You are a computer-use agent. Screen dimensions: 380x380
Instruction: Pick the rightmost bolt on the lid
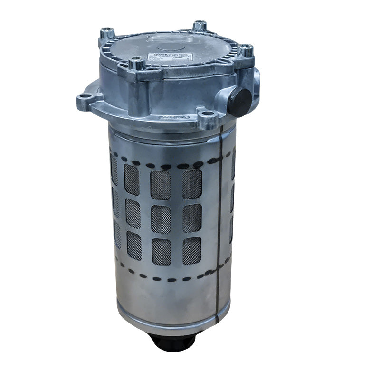tap(245, 50)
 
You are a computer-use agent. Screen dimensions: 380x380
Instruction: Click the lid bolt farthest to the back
tap(199, 26)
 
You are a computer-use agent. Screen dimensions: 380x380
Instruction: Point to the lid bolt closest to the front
tap(137, 63)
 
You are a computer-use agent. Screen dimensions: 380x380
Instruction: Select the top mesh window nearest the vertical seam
tap(192, 184)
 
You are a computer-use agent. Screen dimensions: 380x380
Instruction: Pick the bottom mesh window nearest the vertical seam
tap(192, 250)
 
